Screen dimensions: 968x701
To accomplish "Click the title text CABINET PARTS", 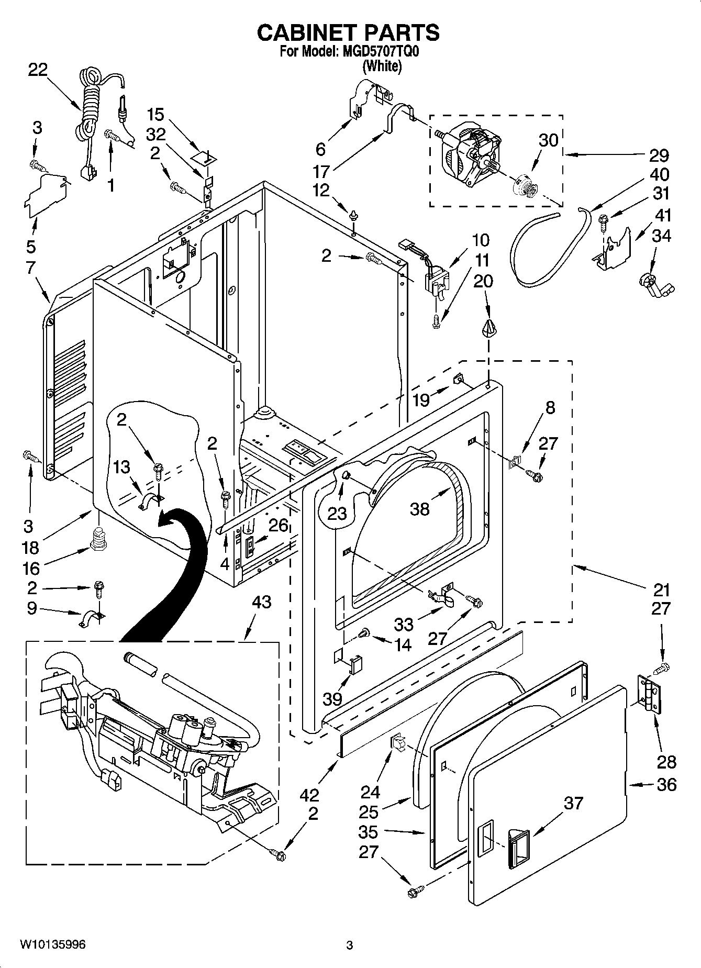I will tap(348, 32).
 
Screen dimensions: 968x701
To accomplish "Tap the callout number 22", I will tap(37, 70).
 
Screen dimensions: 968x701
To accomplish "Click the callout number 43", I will tap(261, 602).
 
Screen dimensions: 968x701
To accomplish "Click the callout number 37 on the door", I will tap(573, 803).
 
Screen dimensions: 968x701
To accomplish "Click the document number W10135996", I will tap(52, 945).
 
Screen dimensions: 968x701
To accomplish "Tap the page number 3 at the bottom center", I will tap(349, 945).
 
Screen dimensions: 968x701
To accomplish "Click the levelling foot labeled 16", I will tap(98, 539).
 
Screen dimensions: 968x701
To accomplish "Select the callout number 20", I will tap(483, 281).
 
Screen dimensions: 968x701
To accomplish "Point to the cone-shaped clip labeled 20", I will tap(488, 329).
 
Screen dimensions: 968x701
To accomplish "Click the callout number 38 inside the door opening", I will tap(419, 508).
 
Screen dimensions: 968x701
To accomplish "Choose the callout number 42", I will tap(309, 795).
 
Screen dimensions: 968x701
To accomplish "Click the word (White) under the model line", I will tap(382, 66).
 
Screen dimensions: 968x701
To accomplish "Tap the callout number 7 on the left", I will tap(30, 268).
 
